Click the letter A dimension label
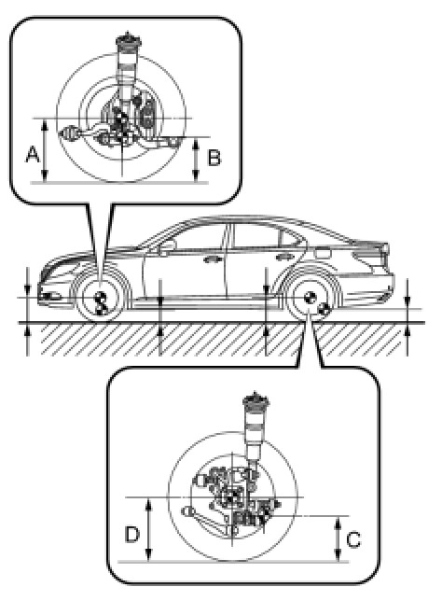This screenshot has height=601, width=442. pos(33,155)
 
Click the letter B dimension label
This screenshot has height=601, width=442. pos(214,157)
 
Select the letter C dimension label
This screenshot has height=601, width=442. pos(353,539)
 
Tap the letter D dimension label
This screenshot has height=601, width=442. pos(132,534)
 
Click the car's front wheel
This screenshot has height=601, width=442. pos(101,299)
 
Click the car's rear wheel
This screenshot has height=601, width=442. pos(310,299)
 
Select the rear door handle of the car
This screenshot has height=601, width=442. pos(283,257)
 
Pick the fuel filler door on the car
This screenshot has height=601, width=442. pos(323,253)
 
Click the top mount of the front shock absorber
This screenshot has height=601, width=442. pos(129,40)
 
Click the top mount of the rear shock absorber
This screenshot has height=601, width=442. pos(255,399)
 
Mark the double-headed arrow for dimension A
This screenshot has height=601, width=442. pos(45,149)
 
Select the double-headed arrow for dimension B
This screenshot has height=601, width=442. pos(197,159)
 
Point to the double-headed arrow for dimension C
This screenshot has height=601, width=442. pos(338,538)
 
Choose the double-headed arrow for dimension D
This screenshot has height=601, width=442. pos(149,529)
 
